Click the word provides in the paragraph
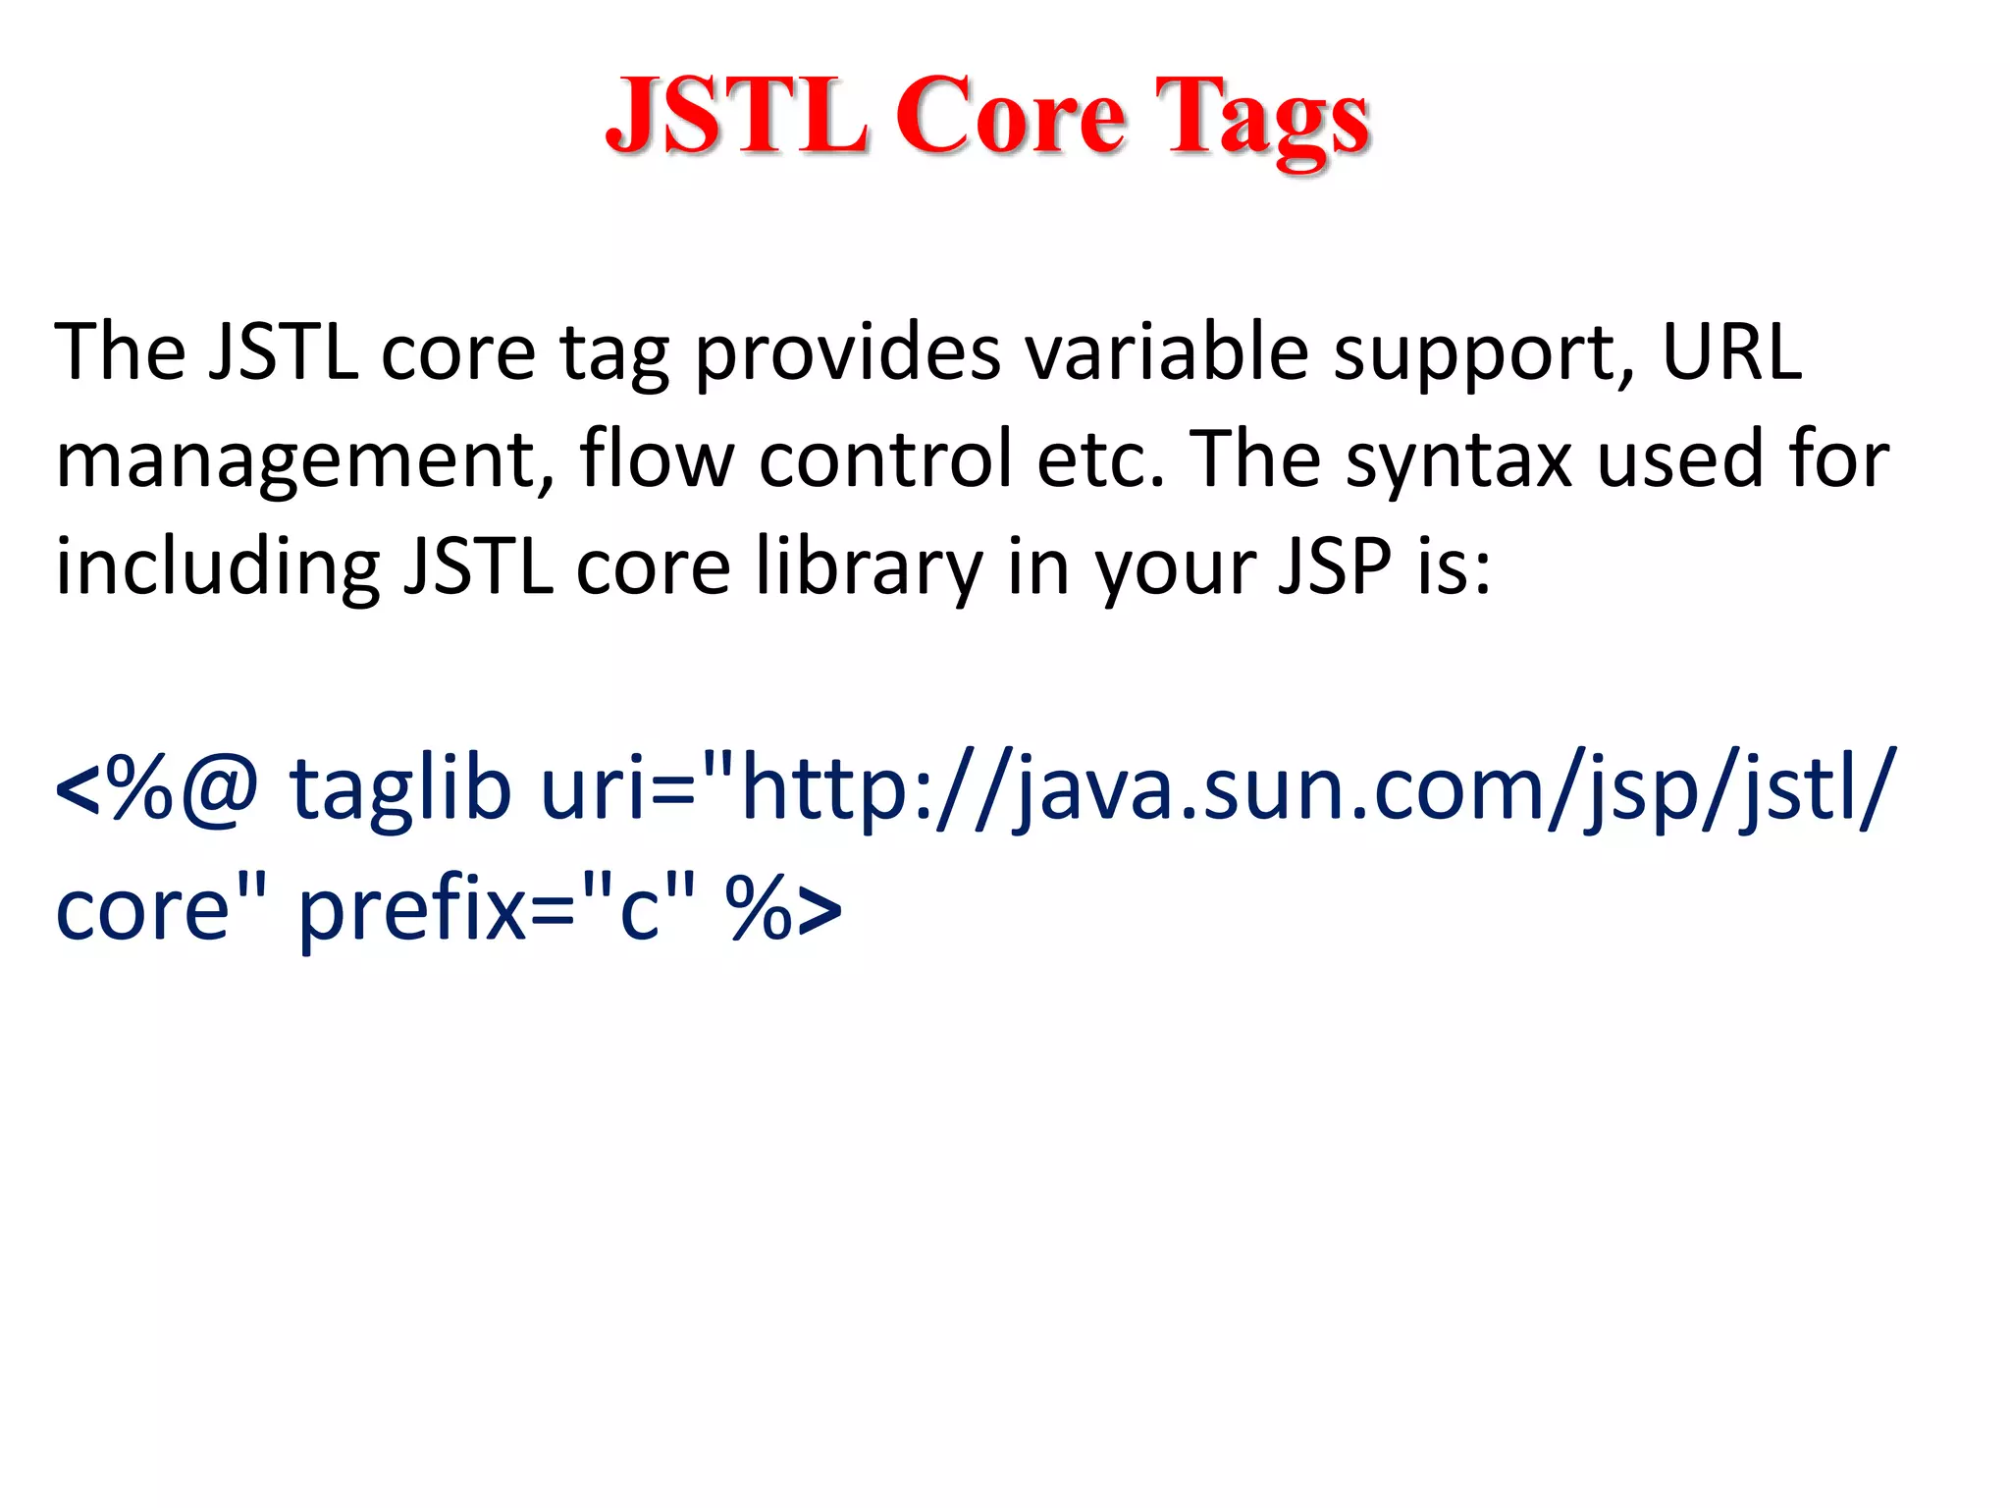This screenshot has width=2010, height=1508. click(847, 353)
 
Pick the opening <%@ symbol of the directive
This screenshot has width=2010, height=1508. click(157, 791)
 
